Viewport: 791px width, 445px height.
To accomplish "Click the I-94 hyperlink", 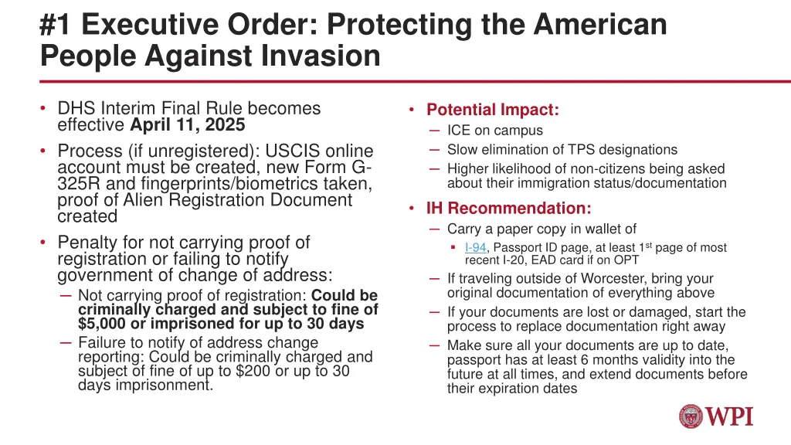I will tap(475, 247).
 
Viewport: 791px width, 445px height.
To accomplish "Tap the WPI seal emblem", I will tap(691, 416).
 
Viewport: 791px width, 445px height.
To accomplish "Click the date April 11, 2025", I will tap(187, 125).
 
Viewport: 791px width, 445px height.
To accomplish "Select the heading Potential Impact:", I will tap(493, 110).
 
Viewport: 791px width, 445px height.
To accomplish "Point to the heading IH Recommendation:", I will tap(509, 208).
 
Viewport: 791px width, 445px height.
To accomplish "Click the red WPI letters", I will tap(730, 416).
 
